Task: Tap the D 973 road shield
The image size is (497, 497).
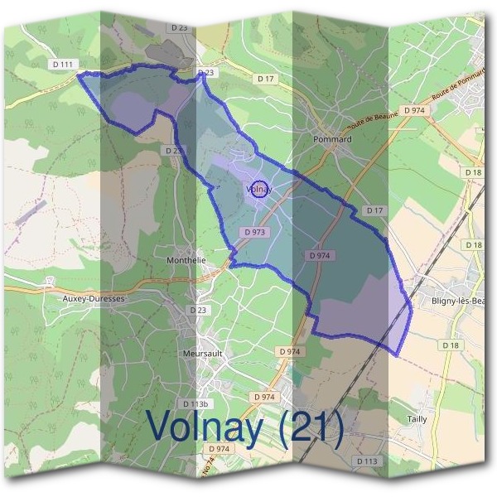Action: (254, 233)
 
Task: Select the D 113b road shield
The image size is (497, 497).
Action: (195, 404)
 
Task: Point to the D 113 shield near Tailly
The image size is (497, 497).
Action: (367, 461)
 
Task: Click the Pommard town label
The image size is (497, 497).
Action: (333, 139)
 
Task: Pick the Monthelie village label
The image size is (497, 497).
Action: (186, 259)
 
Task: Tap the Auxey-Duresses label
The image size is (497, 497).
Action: (92, 297)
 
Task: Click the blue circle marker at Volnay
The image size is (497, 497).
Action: (259, 190)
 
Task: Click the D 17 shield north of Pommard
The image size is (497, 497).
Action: (265, 79)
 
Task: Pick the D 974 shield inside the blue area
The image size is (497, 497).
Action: (321, 256)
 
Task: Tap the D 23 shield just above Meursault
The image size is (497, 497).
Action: (197, 310)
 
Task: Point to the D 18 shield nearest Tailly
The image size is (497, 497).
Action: (451, 345)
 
